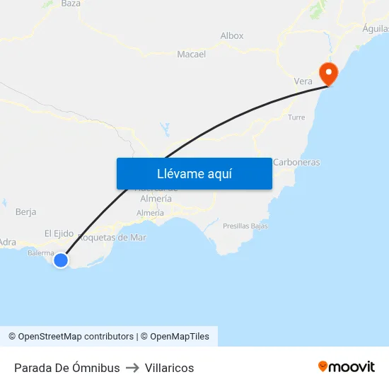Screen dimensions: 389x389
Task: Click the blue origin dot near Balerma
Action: coord(61,260)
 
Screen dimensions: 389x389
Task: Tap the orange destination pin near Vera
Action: coord(329,73)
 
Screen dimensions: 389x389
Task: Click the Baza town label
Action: coord(71,4)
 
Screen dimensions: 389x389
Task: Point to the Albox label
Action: coord(232,35)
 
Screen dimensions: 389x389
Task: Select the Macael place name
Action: coord(191,54)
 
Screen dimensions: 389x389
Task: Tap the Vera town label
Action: coord(303,81)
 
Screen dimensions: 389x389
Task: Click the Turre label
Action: coord(296,117)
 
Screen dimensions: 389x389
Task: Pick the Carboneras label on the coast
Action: coord(296,162)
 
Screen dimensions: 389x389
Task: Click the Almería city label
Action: coord(150,213)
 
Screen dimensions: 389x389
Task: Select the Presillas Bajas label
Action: coord(245,226)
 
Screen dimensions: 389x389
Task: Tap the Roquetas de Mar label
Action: coord(112,238)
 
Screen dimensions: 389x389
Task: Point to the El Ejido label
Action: coord(59,233)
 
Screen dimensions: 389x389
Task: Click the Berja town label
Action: coord(25,211)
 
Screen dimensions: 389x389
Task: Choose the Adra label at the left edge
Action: coord(8,242)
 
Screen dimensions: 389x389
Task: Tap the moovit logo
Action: coord(347,366)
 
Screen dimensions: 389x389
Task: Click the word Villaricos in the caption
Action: coord(169,368)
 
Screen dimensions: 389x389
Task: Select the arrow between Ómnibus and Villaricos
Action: coord(132,368)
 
